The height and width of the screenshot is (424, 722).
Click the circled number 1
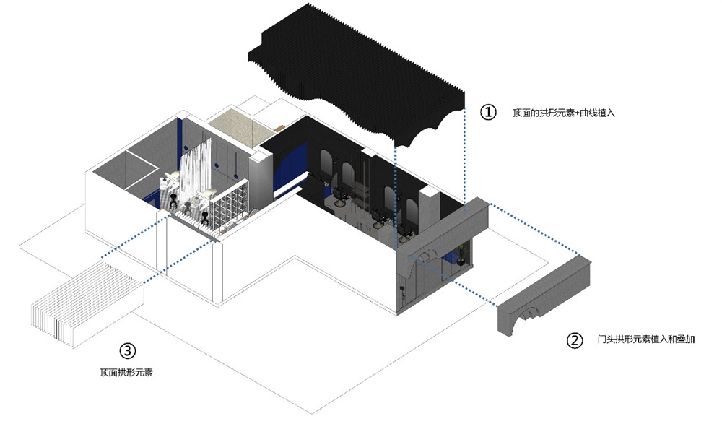tap(489, 113)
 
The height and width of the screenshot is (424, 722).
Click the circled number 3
tap(127, 352)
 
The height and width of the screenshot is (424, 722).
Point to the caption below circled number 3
tap(126, 373)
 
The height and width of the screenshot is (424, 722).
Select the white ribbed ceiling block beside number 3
tap(87, 304)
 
